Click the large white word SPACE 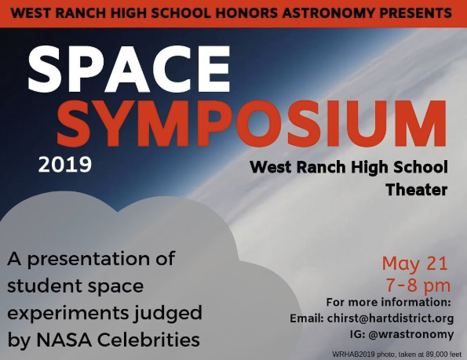pos(129,69)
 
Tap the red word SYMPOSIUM pos(252,123)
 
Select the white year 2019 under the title pos(65,165)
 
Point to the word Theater pos(417,190)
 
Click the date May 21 pos(415,264)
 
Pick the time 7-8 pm pos(418,285)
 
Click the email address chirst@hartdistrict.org pos(390,318)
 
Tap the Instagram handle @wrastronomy pos(411,334)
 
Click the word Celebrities pos(148,340)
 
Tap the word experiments pos(68,314)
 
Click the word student pos(44,286)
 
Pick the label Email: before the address pos(307,318)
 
